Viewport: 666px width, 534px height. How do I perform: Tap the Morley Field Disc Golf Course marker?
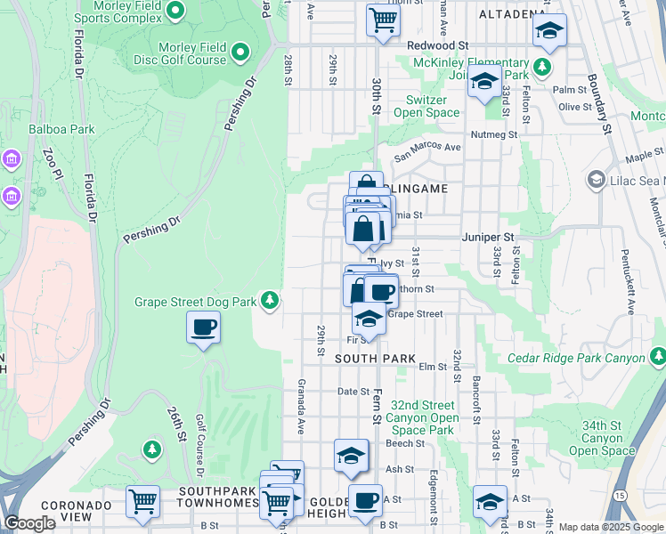(240, 54)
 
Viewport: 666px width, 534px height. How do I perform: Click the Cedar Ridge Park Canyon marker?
(657, 358)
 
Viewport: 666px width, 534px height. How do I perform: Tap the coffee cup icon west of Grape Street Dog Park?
(203, 328)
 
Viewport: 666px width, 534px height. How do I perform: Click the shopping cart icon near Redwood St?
(383, 19)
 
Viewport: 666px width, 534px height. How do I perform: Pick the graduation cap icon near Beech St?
(352, 457)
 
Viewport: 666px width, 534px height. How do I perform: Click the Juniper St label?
(489, 238)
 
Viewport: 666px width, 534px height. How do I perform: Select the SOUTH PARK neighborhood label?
(375, 358)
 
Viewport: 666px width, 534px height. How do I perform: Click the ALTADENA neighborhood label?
(512, 14)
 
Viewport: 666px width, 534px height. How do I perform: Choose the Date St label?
(353, 392)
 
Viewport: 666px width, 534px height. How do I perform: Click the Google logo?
(29, 523)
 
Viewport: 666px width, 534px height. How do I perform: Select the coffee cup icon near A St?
(364, 500)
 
